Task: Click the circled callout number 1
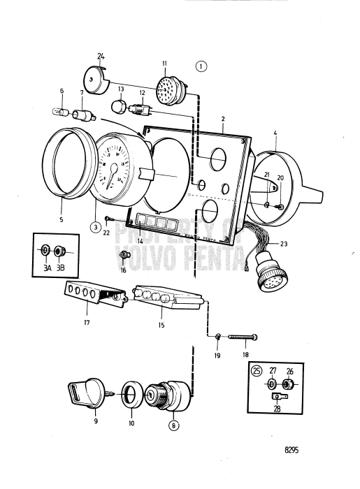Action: point(202,67)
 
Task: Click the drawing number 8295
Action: point(291,451)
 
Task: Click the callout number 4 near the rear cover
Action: point(275,132)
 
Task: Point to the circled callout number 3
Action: point(94,226)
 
